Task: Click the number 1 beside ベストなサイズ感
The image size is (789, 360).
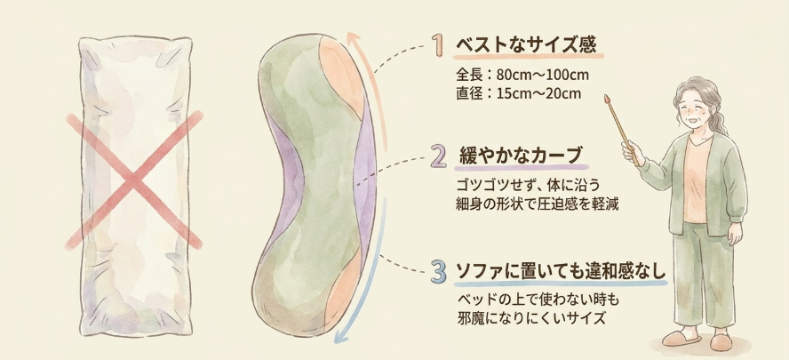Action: pyautogui.click(x=439, y=44)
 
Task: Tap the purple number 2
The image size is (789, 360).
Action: pyautogui.click(x=439, y=156)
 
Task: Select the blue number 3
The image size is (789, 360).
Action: pyautogui.click(x=439, y=272)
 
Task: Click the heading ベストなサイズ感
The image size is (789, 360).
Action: pyautogui.click(x=526, y=45)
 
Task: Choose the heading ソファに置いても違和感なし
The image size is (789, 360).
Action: pyautogui.click(x=561, y=272)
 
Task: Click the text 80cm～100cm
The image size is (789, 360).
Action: pyautogui.click(x=542, y=76)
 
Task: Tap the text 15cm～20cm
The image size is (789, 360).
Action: pyautogui.click(x=538, y=93)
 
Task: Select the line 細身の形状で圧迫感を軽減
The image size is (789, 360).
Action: pyautogui.click(x=536, y=205)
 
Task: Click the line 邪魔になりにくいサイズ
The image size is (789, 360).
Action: pyautogui.click(x=530, y=319)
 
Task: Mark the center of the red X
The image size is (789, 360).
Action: pyautogui.click(x=133, y=180)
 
